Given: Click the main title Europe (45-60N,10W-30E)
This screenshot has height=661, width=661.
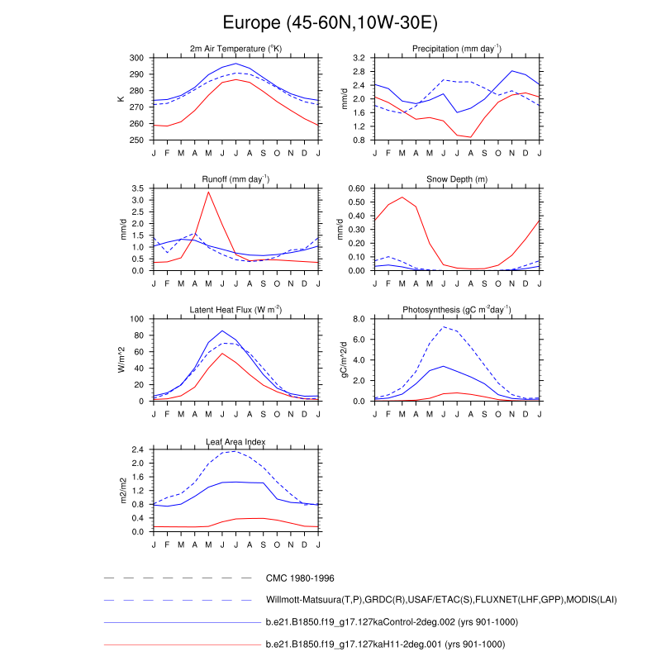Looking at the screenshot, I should click(330, 21).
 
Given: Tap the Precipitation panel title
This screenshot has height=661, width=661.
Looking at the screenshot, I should click(457, 50).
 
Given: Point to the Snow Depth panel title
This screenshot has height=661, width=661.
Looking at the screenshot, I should click(457, 179).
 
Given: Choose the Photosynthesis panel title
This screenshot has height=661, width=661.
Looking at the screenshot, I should click(457, 310).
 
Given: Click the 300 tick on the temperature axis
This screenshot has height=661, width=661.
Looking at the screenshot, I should click(137, 58).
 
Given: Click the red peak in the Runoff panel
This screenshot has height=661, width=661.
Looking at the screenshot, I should click(208, 192).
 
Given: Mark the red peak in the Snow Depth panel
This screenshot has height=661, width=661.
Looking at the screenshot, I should click(402, 197).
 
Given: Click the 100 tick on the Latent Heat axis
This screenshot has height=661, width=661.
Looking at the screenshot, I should click(137, 319).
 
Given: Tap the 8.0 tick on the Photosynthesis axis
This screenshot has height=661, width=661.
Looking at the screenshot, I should click(359, 319).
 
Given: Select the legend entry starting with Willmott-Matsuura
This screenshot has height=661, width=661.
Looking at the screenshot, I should click(441, 599).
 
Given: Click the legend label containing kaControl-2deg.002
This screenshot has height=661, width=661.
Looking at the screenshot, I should click(385, 621).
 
